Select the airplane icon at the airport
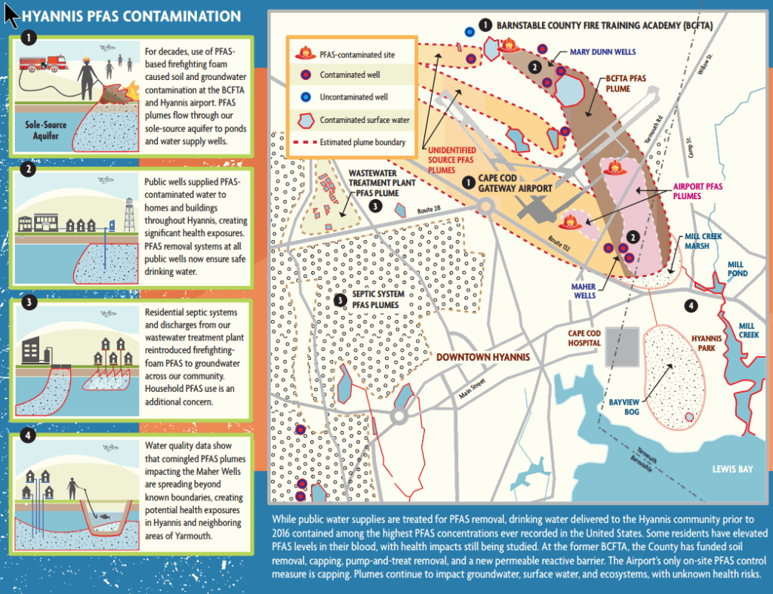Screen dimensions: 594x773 (531, 204)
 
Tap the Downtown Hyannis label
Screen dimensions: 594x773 (484, 357)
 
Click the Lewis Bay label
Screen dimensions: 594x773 (732, 469)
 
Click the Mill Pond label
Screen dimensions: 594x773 (737, 269)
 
